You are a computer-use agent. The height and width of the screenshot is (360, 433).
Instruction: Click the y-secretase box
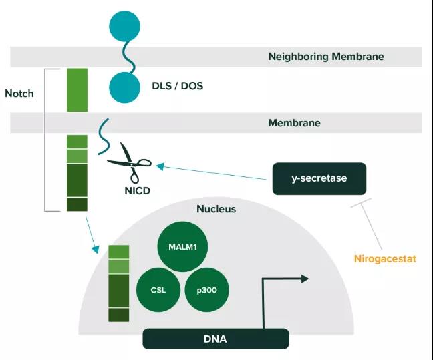(x=319, y=178)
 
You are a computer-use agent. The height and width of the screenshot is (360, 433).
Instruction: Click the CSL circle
(x=159, y=290)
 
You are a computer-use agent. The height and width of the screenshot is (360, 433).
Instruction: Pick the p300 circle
(x=207, y=290)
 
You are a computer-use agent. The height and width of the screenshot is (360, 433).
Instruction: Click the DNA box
(x=215, y=339)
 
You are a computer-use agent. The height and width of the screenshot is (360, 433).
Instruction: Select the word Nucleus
(x=216, y=209)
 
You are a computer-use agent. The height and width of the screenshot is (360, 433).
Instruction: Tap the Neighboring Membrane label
(x=325, y=57)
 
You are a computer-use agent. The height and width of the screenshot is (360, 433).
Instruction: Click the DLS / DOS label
(x=179, y=87)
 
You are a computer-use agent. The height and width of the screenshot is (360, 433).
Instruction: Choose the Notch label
(x=19, y=93)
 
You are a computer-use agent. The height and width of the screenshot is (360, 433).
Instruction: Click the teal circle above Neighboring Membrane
(x=125, y=27)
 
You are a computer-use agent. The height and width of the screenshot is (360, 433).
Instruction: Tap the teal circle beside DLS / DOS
(x=125, y=87)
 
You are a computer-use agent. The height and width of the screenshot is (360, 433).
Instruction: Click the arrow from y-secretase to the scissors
(x=214, y=172)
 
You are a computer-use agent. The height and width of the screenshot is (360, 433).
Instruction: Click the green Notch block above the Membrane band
(x=77, y=89)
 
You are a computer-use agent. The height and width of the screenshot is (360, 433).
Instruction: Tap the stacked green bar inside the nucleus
(x=118, y=283)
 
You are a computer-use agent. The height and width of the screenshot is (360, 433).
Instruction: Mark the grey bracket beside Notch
(x=45, y=140)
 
